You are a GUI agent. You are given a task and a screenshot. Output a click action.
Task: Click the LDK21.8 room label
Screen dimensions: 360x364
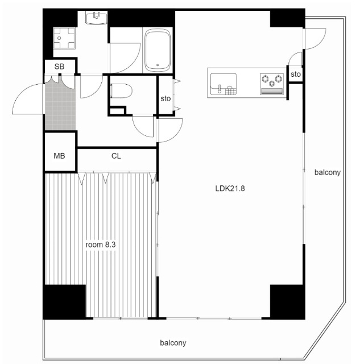[230, 188]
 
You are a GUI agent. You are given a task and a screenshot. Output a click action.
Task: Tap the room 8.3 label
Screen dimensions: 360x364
[101, 245]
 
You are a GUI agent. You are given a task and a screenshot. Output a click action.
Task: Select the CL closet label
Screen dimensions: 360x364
[116, 156]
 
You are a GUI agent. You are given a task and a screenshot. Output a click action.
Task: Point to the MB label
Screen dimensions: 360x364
[59, 156]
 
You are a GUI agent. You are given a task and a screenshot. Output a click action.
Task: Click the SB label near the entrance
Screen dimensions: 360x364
[59, 67]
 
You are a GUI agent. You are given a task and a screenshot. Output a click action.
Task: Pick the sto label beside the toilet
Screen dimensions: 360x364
[165, 98]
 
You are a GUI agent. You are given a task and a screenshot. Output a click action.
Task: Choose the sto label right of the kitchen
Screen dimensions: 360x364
[296, 75]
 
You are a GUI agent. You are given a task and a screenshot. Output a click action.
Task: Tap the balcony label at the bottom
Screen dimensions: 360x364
[173, 343]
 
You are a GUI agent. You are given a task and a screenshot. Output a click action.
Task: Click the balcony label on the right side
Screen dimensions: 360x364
[327, 172]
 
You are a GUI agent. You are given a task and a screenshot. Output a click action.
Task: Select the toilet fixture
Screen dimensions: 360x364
[121, 91]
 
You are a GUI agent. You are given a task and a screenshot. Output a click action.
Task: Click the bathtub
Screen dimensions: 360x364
[158, 50]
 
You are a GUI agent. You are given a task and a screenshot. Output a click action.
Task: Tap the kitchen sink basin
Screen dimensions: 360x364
[224, 84]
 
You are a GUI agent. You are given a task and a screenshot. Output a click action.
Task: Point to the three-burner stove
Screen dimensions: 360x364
[272, 84]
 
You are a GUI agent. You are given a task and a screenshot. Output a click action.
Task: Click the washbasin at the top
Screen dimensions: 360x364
[96, 19]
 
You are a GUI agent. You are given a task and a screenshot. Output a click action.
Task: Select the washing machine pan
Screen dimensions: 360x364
[64, 38]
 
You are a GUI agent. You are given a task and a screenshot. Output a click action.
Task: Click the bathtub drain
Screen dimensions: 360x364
[158, 65]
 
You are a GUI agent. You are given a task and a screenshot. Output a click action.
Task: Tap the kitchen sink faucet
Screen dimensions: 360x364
[220, 89]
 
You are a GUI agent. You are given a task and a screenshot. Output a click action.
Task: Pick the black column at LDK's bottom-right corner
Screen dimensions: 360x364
[287, 302]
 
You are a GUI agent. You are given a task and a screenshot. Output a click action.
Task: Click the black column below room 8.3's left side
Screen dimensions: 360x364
[64, 302]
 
